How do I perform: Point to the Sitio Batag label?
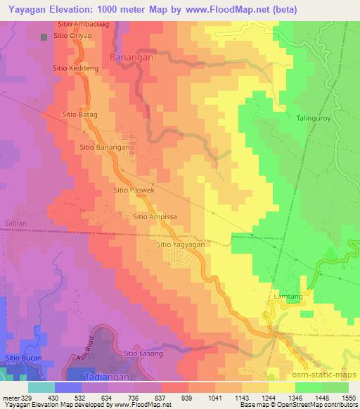[x=79, y=113]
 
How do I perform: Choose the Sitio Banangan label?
[x=105, y=148]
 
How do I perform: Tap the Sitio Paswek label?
[x=134, y=190]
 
